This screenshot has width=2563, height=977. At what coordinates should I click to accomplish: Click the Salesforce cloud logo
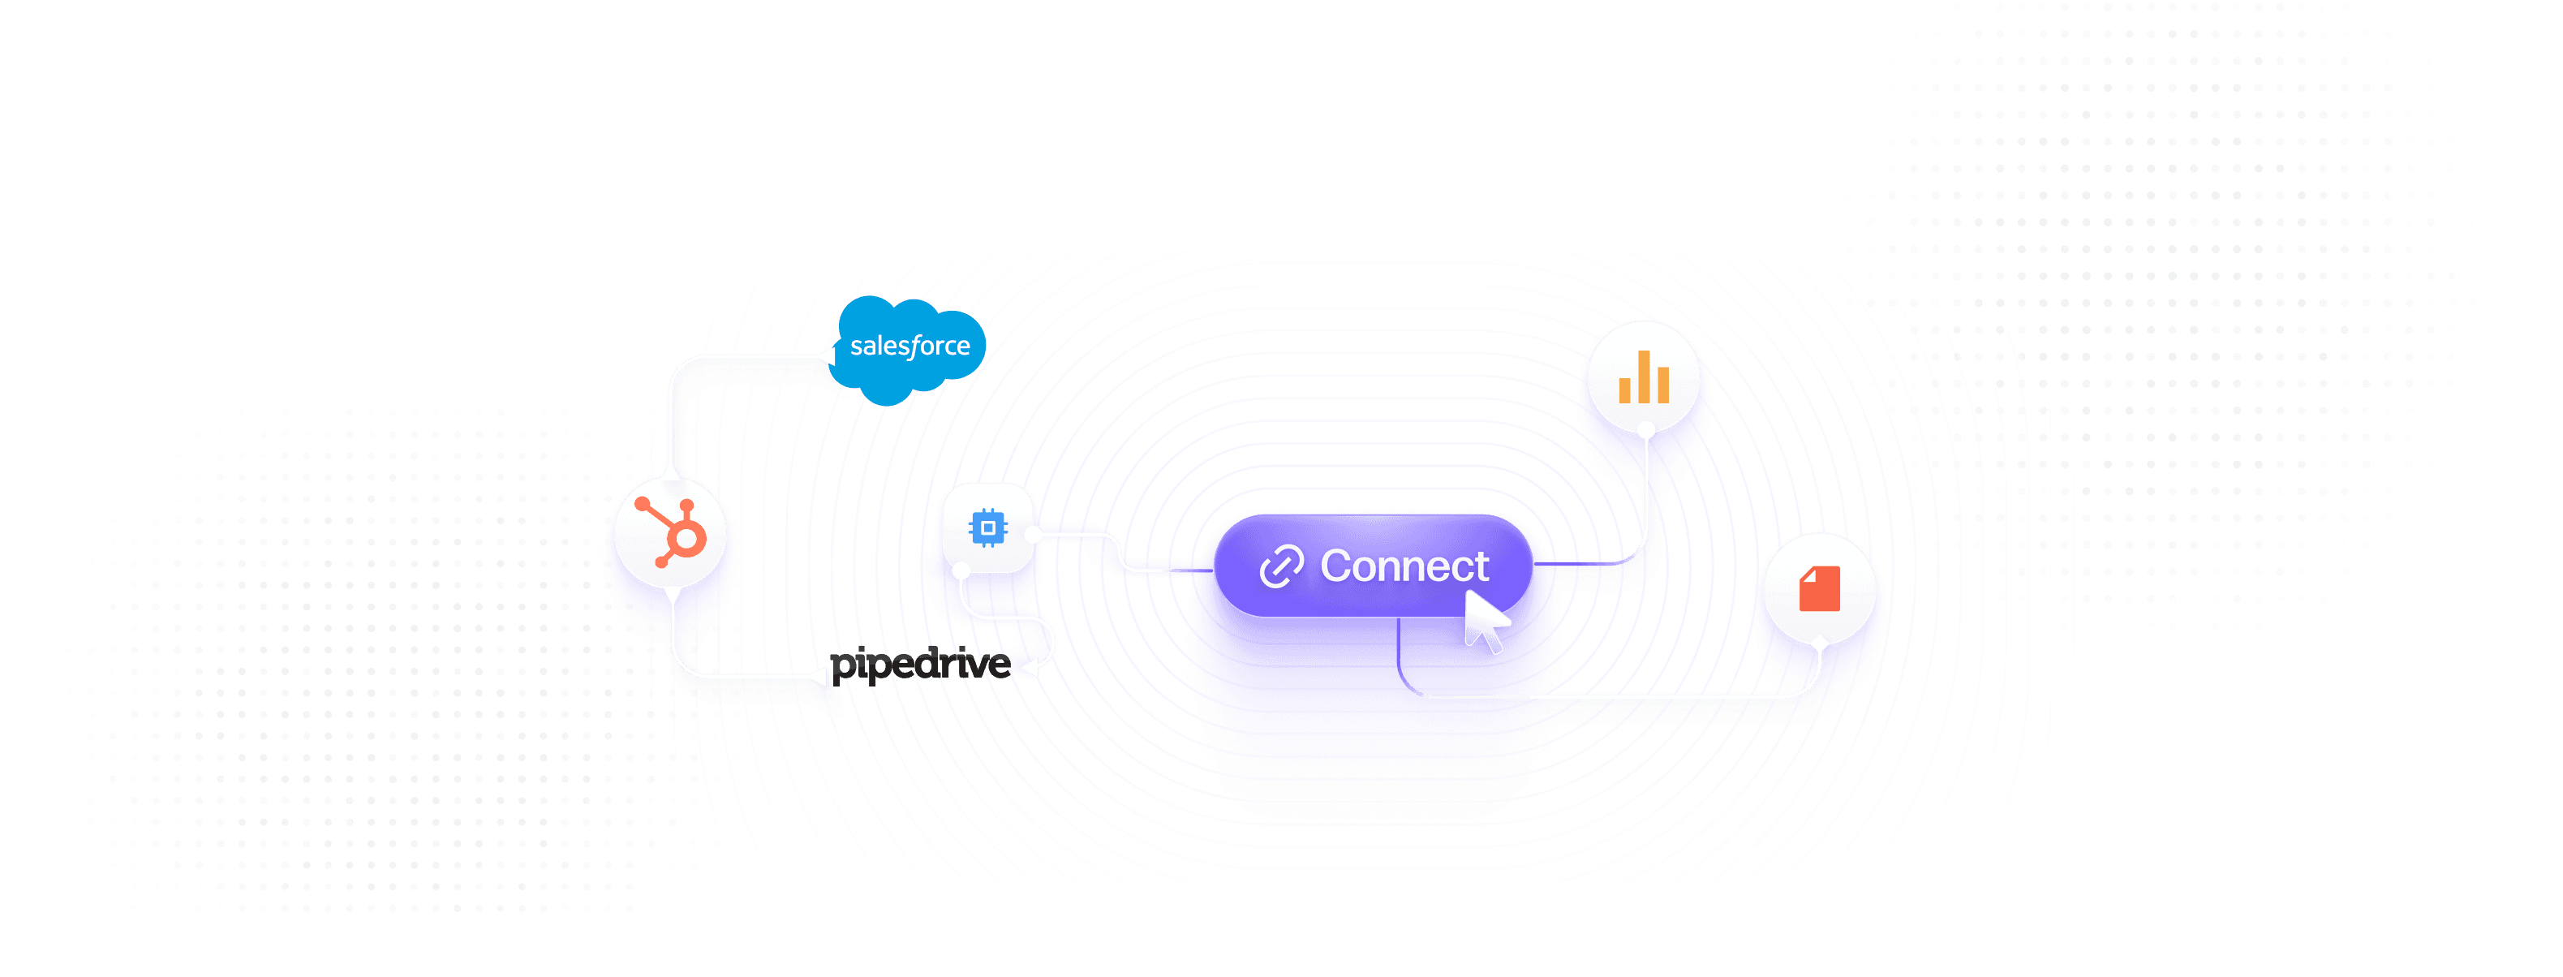(910, 348)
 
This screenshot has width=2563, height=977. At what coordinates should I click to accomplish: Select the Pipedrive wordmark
(920, 665)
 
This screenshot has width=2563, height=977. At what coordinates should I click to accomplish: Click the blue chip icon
(987, 527)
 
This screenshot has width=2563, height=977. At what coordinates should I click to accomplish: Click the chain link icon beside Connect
(1282, 567)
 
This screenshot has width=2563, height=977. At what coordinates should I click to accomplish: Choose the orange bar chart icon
(1644, 378)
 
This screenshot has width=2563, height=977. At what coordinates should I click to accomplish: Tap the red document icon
(1819, 588)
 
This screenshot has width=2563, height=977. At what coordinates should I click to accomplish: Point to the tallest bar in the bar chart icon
(1644, 376)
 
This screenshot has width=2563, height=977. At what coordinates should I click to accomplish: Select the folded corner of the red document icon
(1808, 574)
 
